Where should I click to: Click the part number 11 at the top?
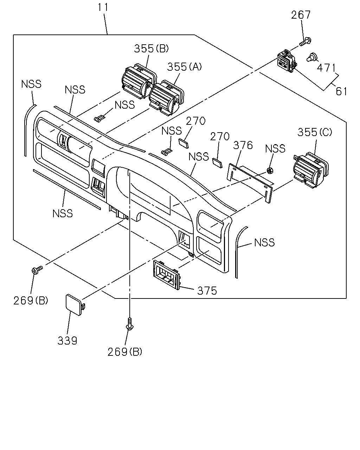(103, 7)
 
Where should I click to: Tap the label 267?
(301, 15)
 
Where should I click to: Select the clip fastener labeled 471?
(312, 57)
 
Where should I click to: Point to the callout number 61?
(341, 91)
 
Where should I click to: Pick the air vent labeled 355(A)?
(167, 97)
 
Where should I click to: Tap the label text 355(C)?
(315, 133)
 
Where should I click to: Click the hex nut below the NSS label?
(270, 171)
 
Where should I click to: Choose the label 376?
(243, 145)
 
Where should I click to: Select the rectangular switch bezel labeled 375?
(167, 275)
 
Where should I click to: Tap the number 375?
(207, 291)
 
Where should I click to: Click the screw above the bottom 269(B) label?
(130, 324)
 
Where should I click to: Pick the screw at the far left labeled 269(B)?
(37, 270)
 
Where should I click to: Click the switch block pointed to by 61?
(287, 61)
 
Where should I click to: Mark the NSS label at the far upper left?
(31, 84)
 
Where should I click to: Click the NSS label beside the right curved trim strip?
(264, 243)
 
